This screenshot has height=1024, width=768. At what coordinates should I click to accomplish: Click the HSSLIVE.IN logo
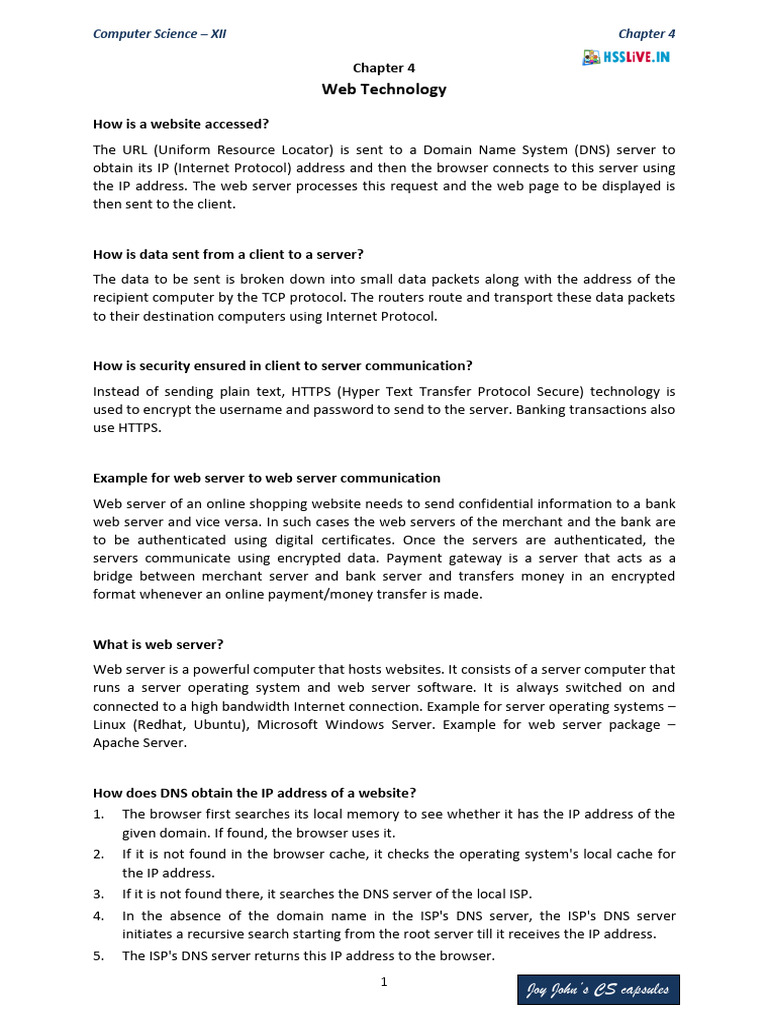pyautogui.click(x=626, y=57)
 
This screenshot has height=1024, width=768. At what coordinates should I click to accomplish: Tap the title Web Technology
pyautogui.click(x=384, y=89)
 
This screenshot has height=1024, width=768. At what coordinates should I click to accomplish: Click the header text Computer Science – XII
pyautogui.click(x=159, y=33)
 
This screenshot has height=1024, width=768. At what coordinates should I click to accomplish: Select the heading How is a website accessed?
pyautogui.click(x=181, y=124)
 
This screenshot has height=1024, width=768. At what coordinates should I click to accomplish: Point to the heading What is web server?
pyautogui.click(x=158, y=644)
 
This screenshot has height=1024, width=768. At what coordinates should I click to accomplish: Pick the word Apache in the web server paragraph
pyautogui.click(x=118, y=743)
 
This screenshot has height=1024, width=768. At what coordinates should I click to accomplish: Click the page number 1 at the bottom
pyautogui.click(x=384, y=982)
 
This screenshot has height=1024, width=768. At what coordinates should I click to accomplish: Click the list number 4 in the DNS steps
pyautogui.click(x=98, y=915)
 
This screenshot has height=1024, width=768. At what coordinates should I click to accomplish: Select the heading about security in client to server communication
pyautogui.click(x=283, y=365)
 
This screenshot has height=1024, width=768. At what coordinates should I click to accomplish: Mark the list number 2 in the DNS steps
pyautogui.click(x=98, y=853)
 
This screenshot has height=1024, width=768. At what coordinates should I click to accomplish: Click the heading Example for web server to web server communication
pyautogui.click(x=267, y=477)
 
